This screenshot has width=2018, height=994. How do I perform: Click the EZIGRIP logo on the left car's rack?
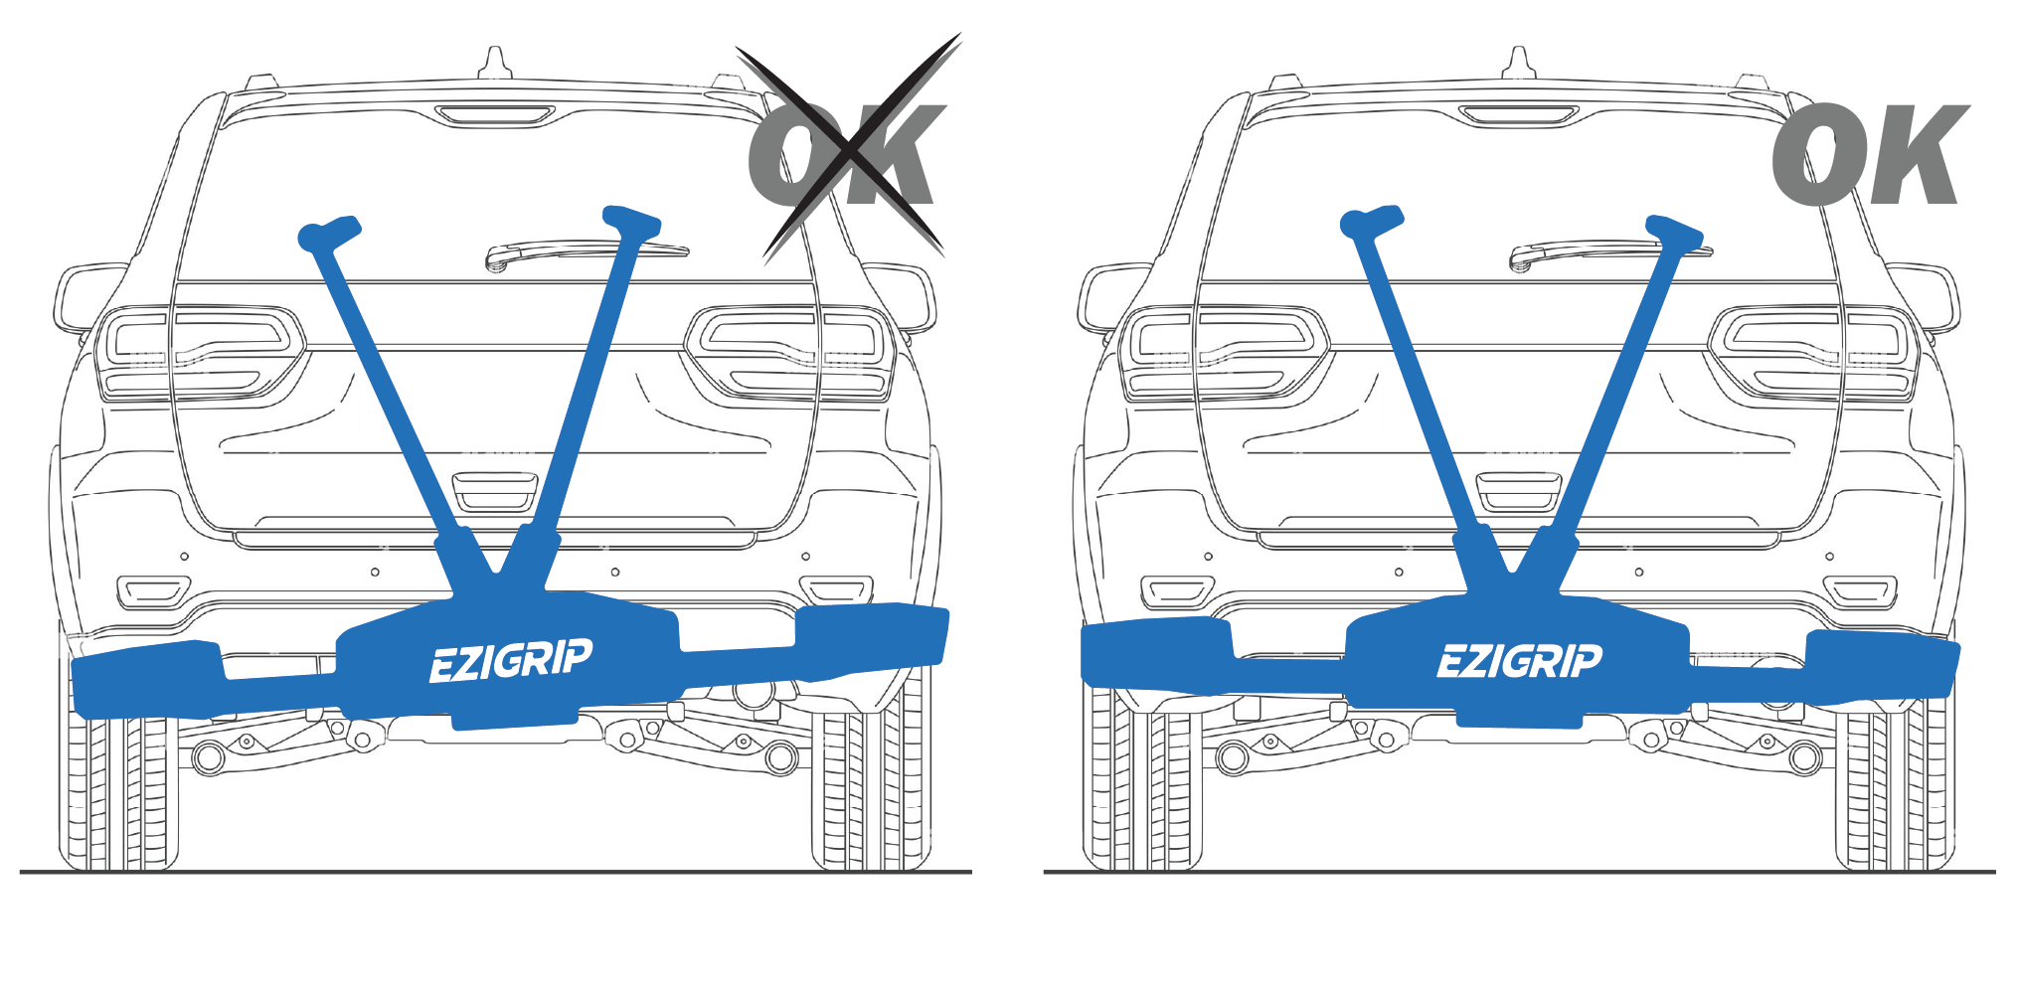pos(510,661)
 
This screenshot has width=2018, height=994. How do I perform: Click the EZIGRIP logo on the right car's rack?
pos(1519,661)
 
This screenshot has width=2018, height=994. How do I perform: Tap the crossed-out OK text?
pos(845,154)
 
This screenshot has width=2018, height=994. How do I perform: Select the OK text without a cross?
pos(1869,154)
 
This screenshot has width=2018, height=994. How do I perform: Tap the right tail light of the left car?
pos(790,353)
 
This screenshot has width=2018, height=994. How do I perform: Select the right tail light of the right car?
pos(1814,353)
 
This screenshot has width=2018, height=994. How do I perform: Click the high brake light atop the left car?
pos(494,116)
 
